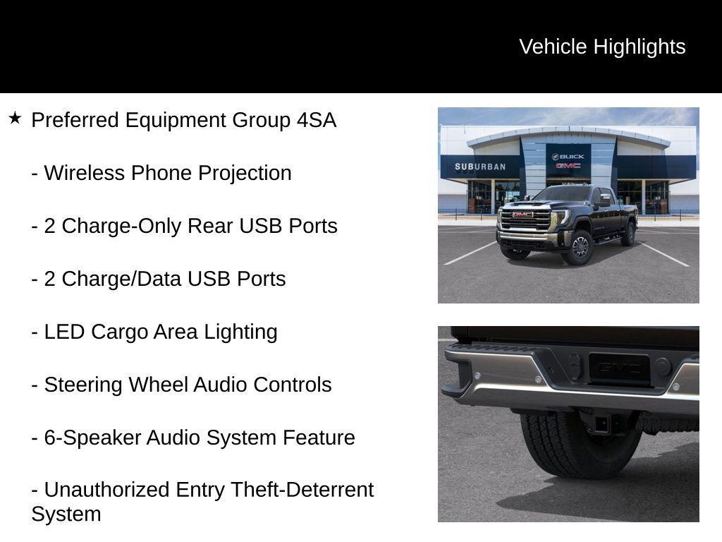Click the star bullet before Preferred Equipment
(x=15, y=118)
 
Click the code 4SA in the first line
(x=317, y=120)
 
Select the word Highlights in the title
(x=640, y=47)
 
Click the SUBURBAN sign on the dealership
(x=480, y=167)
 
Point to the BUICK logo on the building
(x=568, y=157)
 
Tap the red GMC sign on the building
(x=568, y=166)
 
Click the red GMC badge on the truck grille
(x=522, y=215)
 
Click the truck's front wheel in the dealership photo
(x=580, y=247)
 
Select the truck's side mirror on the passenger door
(x=604, y=201)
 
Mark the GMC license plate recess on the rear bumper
(x=619, y=368)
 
